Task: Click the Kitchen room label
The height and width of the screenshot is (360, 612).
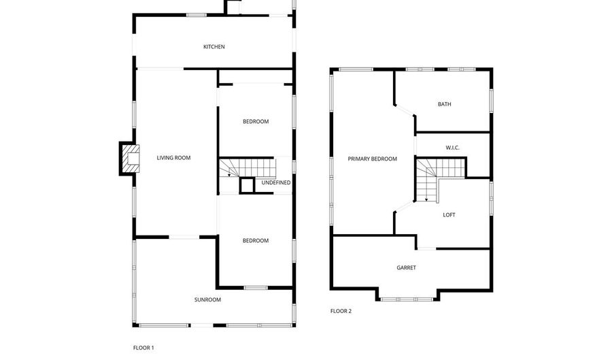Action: click(214, 47)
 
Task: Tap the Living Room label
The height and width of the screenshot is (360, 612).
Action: click(173, 158)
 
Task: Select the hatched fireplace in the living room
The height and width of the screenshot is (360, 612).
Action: click(131, 159)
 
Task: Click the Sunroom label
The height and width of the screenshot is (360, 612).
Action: click(207, 300)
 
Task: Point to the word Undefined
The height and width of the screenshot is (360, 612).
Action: click(276, 183)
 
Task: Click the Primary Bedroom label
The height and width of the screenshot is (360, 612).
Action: click(373, 159)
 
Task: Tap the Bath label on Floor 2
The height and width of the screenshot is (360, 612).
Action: click(445, 104)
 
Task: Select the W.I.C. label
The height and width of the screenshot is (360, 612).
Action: click(452, 148)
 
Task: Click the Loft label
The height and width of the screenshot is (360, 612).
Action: click(449, 215)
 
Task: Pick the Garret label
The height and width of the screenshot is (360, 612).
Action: click(407, 268)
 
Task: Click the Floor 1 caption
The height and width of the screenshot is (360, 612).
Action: click(143, 348)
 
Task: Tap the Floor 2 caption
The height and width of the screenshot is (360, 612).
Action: click(341, 311)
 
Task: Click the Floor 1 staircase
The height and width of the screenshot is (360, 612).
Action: click(247, 167)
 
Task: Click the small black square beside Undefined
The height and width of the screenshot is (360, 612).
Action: click(247, 186)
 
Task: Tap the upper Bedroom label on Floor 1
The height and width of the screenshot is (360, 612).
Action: click(256, 122)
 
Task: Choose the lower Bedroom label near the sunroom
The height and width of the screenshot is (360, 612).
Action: click(256, 241)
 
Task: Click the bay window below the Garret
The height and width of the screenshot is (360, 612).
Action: click(407, 299)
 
